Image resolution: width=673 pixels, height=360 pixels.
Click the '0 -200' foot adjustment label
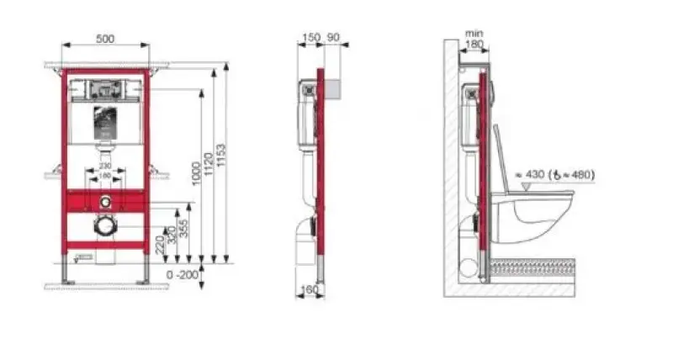(x=183, y=274)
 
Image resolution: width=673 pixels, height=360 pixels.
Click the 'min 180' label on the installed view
(x=474, y=40)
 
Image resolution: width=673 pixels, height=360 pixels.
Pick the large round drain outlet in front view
(x=105, y=225)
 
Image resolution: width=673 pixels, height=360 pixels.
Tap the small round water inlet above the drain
(x=105, y=202)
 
